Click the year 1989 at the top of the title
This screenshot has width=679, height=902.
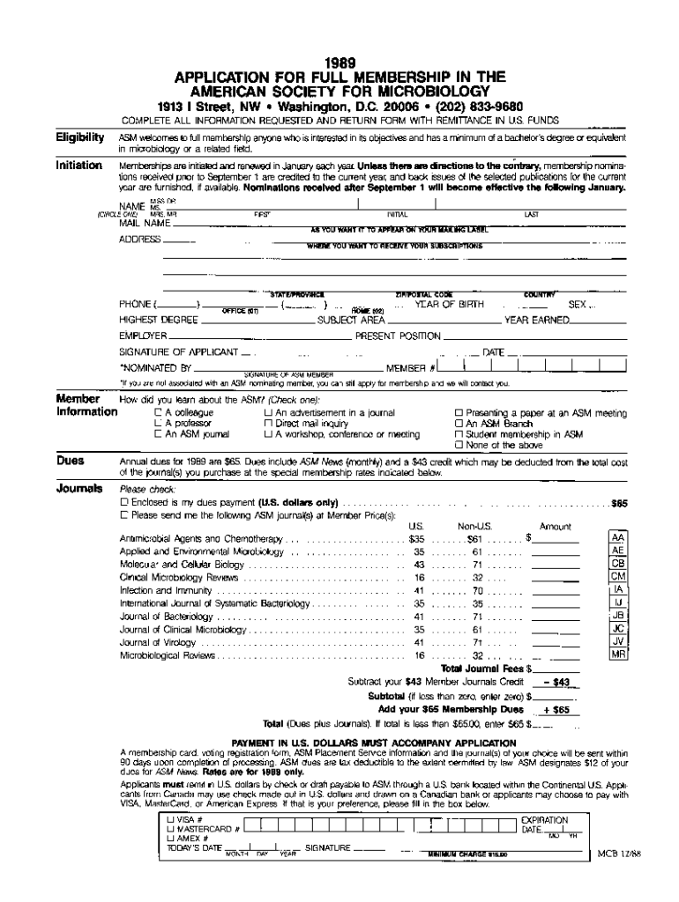[339, 63]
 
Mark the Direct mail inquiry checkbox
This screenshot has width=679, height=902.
[268, 424]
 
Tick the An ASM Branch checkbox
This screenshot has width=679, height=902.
[459, 424]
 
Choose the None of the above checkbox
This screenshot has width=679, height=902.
[459, 446]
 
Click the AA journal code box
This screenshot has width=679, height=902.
[618, 537]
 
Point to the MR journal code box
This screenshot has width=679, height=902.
[618, 655]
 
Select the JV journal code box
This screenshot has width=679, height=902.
[618, 642]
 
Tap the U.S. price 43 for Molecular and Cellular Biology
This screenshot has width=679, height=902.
[419, 565]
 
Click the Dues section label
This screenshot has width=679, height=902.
[71, 461]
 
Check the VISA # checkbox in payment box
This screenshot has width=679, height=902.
[169, 819]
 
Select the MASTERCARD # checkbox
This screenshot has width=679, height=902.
[169, 829]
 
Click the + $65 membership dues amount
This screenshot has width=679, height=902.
[557, 710]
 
